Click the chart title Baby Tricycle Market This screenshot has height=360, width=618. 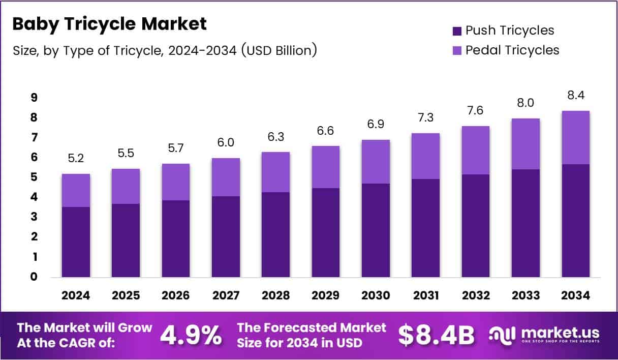[x=109, y=24]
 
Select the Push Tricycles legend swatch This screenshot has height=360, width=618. [x=456, y=31]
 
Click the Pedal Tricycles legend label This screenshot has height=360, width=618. [x=512, y=50]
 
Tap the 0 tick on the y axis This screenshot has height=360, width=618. [x=33, y=277]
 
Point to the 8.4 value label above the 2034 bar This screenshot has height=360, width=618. [x=576, y=96]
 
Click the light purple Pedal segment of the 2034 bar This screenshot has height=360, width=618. [x=576, y=137]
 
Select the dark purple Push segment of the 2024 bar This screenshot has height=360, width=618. [x=76, y=242]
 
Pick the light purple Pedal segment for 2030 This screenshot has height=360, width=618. [x=376, y=162]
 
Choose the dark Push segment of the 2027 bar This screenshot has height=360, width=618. [x=226, y=236]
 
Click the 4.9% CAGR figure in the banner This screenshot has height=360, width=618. [x=191, y=335]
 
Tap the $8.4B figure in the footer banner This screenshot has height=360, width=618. [x=436, y=335]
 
